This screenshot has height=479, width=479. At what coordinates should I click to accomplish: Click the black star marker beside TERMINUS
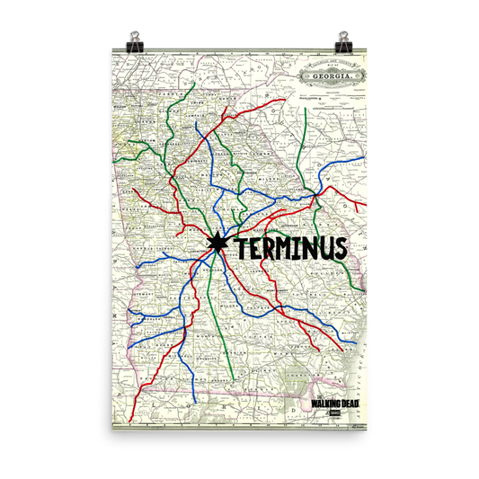point(217,243)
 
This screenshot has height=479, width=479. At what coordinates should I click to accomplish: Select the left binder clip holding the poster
point(135,40)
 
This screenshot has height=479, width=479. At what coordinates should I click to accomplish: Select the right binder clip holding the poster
point(343,40)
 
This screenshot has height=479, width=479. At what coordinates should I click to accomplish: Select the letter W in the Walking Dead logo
point(312,404)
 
